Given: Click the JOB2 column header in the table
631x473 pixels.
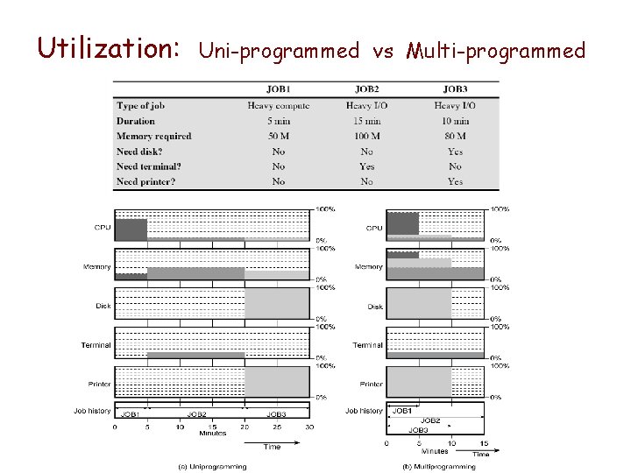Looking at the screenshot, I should [366, 89].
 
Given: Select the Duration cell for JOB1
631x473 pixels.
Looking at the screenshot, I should [279, 121].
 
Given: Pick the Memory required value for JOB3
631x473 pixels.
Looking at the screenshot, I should [455, 136].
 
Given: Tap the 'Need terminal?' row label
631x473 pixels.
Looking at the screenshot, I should [148, 166].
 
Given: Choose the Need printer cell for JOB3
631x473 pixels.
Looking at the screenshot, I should [455, 181].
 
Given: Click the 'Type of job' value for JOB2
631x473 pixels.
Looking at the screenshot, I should [366, 106].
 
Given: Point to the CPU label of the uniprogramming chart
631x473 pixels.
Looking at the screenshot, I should [103, 228].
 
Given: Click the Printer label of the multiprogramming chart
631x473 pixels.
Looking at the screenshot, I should [371, 384].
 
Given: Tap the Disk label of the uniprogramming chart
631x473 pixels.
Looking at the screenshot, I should [103, 306].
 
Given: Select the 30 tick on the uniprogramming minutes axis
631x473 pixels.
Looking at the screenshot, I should [309, 427].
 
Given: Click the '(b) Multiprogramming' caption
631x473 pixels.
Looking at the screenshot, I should [437, 466].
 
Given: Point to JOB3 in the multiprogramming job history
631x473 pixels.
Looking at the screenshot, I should [419, 430].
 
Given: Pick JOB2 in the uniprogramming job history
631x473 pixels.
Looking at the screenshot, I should [196, 414].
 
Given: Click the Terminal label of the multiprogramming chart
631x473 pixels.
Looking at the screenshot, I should [367, 345].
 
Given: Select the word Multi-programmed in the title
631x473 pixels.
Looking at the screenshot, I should [496, 51].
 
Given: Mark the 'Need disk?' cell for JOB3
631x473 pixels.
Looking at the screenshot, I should [455, 152].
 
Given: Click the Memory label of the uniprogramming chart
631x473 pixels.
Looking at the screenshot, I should [97, 266].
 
